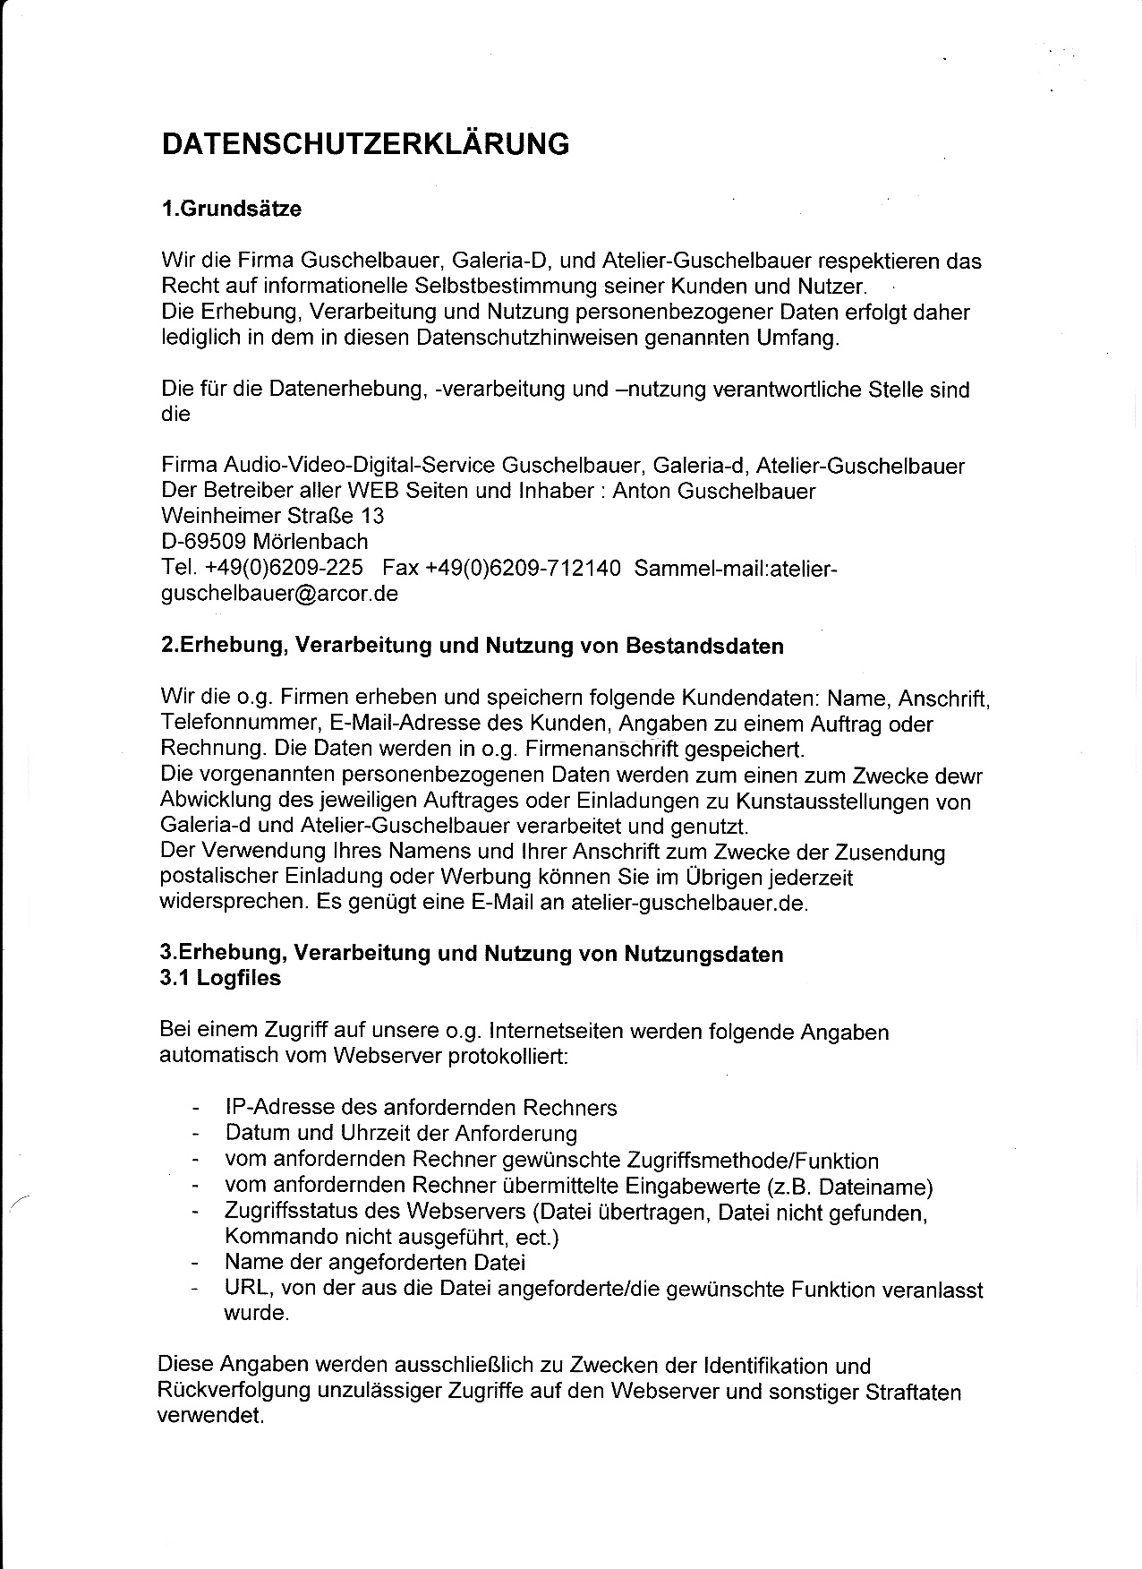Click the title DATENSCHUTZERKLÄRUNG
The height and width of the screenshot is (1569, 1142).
tap(365, 145)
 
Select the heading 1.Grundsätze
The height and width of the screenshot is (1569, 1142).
tap(231, 210)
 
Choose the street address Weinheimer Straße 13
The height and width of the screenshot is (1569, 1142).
tap(272, 516)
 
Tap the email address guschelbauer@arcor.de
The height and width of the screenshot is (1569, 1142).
tap(278, 594)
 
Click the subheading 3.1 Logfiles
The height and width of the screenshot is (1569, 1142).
tap(220, 978)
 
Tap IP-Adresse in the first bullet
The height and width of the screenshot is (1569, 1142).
tap(278, 1108)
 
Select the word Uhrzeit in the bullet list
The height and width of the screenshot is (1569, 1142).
tap(373, 1134)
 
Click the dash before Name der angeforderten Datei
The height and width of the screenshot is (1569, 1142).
tap(194, 1264)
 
